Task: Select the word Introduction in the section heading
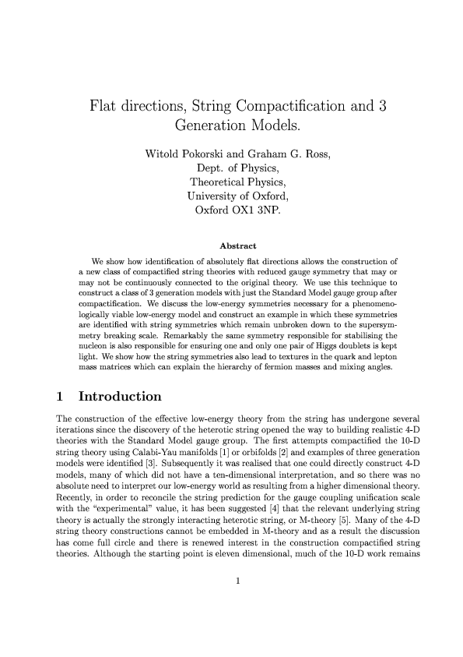tap(121, 397)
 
